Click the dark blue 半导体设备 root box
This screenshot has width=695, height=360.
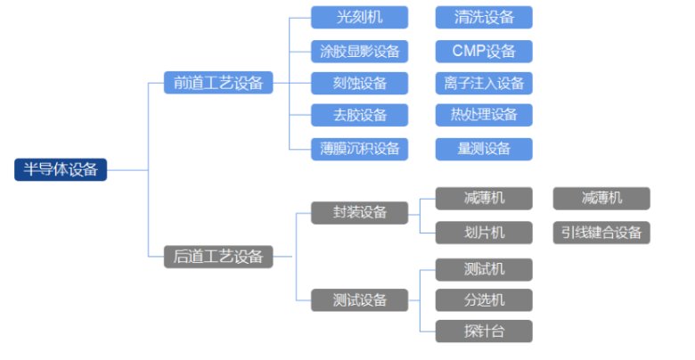[x=61, y=169]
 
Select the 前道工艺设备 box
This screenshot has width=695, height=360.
[x=218, y=83]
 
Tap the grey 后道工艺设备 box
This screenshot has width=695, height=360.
[x=218, y=257]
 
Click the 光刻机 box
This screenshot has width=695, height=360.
[x=359, y=17]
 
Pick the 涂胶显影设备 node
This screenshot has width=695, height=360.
[x=359, y=50]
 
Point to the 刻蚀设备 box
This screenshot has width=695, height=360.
[x=359, y=83]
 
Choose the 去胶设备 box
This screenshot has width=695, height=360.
[x=359, y=115]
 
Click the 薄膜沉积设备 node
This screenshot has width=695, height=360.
[x=359, y=148]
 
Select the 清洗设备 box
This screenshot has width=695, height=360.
[x=484, y=17]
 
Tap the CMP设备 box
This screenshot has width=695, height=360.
[x=484, y=50]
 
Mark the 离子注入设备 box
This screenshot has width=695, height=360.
[x=484, y=83]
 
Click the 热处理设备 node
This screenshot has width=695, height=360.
[x=484, y=115]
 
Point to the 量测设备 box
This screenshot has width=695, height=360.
[x=484, y=148]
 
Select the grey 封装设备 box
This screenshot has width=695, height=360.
[x=359, y=212]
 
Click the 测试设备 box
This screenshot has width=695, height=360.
[x=359, y=299]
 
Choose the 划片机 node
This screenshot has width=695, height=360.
[x=484, y=233]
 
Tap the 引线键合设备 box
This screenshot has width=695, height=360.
[x=601, y=233]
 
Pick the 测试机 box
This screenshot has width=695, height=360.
[x=484, y=269]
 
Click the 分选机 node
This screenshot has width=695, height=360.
[x=484, y=299]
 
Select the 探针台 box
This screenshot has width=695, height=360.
[x=484, y=331]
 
